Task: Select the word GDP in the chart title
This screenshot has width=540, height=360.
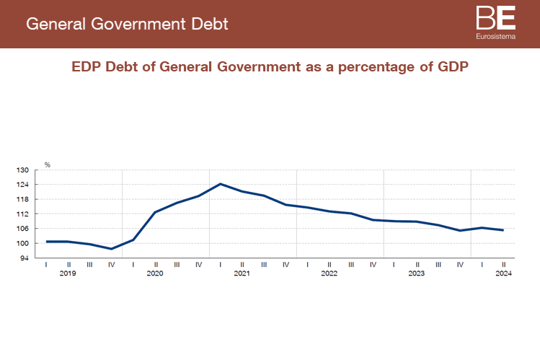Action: click(453, 67)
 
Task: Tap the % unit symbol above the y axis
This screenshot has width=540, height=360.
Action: click(48, 164)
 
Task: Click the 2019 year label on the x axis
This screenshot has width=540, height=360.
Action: click(68, 274)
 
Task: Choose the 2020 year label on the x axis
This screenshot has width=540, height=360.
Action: click(155, 274)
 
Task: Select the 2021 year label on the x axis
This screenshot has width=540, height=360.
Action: click(242, 274)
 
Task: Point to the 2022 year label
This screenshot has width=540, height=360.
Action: click(329, 274)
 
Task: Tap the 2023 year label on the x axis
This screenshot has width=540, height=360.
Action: click(417, 274)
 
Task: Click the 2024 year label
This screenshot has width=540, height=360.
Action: click(503, 274)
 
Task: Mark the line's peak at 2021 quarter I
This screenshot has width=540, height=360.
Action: click(221, 184)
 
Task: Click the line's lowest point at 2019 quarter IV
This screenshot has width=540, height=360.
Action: click(112, 249)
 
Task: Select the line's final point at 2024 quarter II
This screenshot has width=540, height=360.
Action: click(503, 230)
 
